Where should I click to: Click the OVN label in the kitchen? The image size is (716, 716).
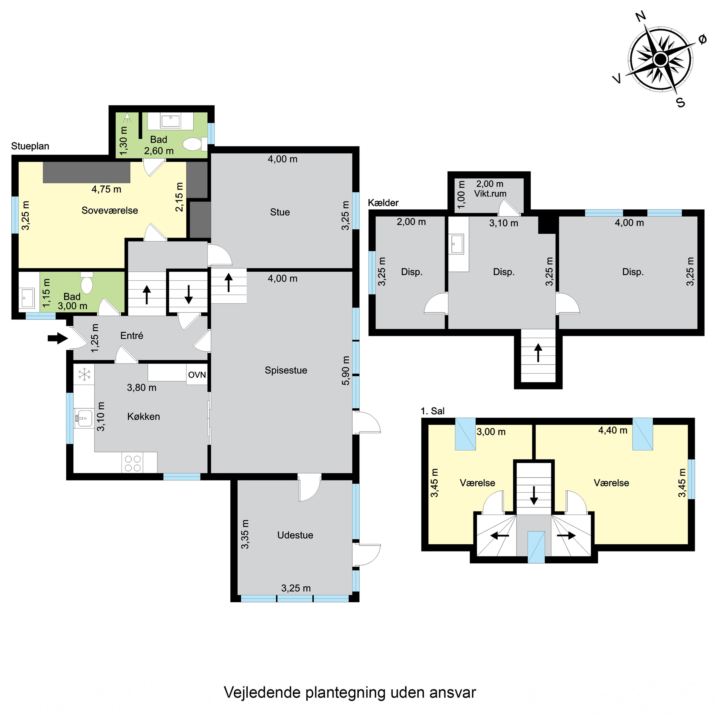(197, 375)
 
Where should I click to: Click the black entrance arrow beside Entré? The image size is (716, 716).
(58, 338)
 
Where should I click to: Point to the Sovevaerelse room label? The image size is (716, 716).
(110, 211)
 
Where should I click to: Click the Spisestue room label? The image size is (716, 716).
(286, 370)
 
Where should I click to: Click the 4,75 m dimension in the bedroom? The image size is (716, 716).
(106, 189)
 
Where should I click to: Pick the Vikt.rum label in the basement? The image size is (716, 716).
(490, 194)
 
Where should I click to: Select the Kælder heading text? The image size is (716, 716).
(383, 203)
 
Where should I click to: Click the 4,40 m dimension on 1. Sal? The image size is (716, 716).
(613, 430)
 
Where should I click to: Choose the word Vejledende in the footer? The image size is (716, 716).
(262, 692)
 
